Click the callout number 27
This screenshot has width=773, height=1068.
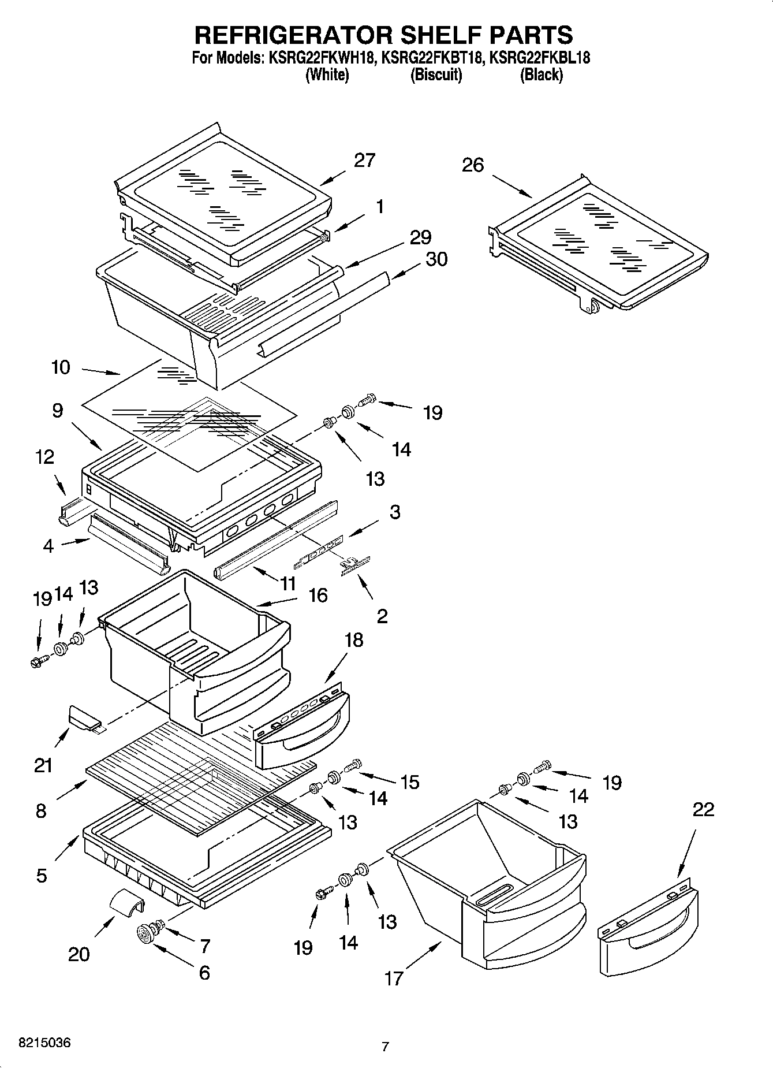pos(364,160)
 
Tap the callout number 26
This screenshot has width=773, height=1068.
pos(472,165)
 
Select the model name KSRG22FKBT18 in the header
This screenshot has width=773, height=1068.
pos(432,58)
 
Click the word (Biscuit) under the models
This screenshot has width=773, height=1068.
pos(436,75)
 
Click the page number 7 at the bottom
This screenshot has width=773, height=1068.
pos(385,1046)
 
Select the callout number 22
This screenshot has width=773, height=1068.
pos(703,809)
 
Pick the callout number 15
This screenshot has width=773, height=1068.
pos(409,782)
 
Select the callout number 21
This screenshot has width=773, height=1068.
pos(43,765)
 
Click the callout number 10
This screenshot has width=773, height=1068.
pos(61,367)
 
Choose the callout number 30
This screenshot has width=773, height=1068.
pos(436,259)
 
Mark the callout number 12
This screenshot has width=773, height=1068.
pos(44,457)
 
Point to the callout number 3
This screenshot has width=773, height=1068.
pos(395,512)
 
